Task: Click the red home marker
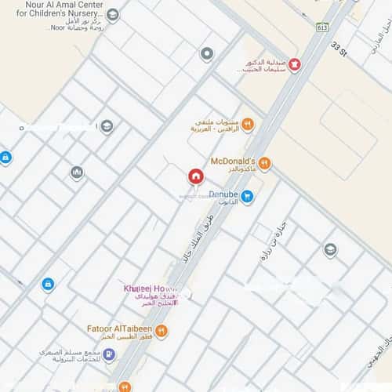(195, 175)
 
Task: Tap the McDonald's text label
(234, 161)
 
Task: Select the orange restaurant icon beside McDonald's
(264, 163)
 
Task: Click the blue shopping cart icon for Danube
(247, 197)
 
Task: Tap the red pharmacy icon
(294, 65)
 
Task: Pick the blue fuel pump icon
(109, 354)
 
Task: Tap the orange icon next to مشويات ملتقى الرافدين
(247, 124)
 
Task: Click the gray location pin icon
(207, 53)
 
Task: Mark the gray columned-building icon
(77, 172)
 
